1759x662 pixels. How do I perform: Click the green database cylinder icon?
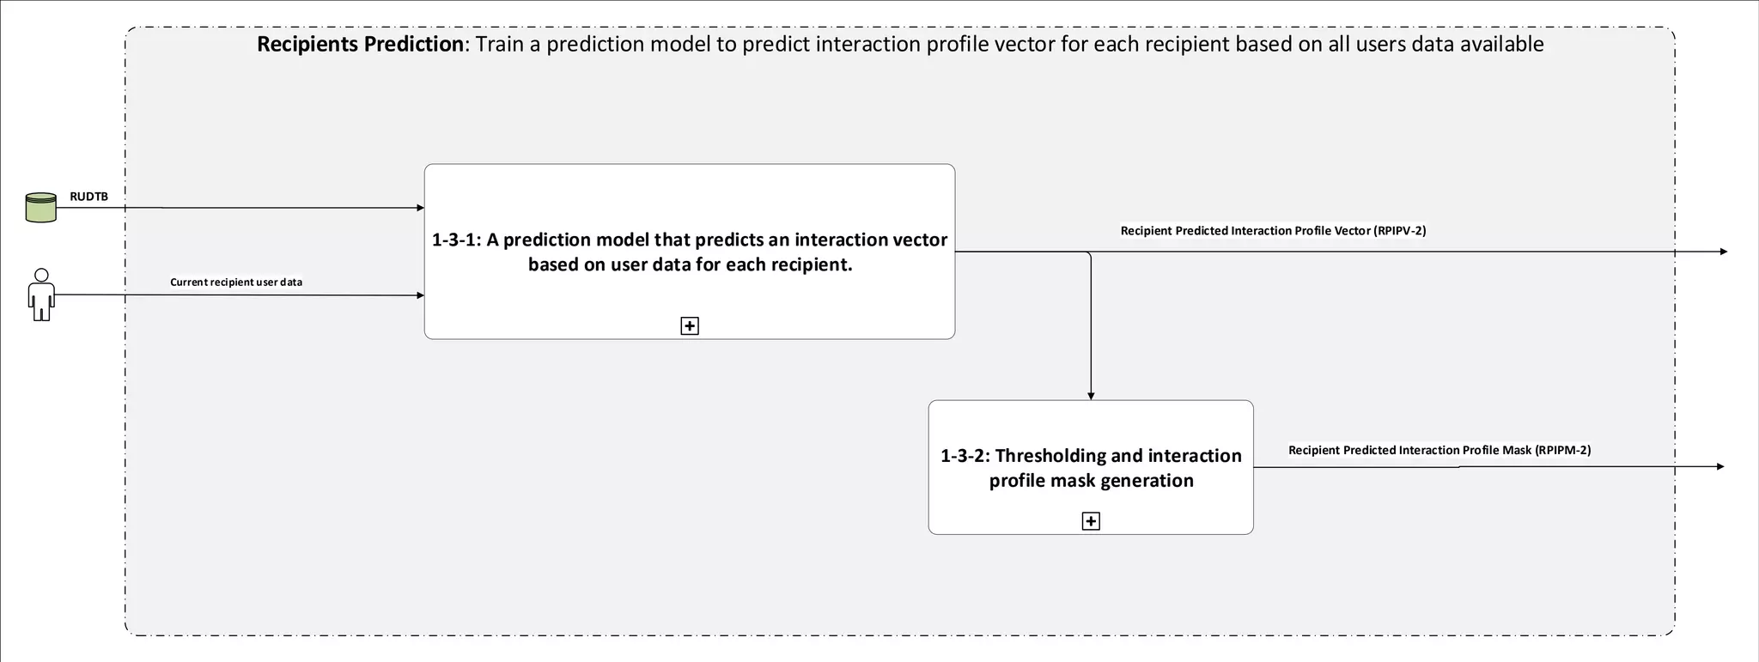[40, 208]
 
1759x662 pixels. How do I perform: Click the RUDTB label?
[88, 197]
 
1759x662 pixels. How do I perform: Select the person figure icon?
[40, 295]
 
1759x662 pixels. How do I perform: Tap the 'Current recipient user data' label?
[236, 282]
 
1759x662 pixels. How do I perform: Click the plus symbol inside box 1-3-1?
[690, 325]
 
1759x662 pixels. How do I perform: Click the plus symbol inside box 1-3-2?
[1091, 521]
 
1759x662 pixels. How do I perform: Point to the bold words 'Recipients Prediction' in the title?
[360, 44]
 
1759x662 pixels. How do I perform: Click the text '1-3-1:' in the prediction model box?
[456, 240]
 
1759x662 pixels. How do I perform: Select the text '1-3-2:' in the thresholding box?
[965, 456]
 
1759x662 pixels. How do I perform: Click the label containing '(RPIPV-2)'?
[1273, 230]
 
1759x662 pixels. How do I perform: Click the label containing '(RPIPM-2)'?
[1439, 450]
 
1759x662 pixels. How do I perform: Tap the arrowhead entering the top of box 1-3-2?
[1091, 396]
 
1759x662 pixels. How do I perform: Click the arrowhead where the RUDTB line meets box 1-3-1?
[420, 208]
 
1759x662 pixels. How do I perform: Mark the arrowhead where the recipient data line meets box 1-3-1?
[420, 295]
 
